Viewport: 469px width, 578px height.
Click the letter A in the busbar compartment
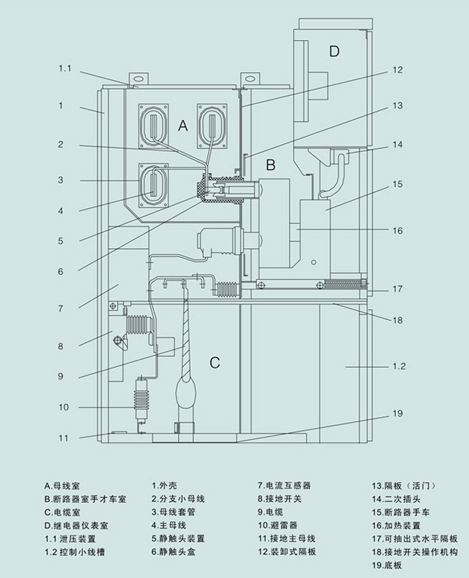click(x=183, y=126)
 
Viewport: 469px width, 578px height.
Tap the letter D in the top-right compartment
click(x=334, y=51)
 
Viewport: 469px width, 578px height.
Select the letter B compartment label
click(x=271, y=164)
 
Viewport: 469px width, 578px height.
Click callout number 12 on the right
click(x=397, y=70)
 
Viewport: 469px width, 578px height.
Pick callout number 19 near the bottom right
click(x=397, y=413)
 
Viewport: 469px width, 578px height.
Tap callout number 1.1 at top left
click(x=65, y=68)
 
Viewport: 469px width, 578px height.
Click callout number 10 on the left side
click(x=64, y=407)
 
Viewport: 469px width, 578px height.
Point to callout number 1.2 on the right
click(x=399, y=366)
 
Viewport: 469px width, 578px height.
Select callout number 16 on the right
click(x=397, y=231)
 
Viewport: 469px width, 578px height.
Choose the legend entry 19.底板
click(x=387, y=565)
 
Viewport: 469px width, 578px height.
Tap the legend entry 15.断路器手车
click(x=400, y=512)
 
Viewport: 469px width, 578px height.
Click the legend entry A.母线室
click(x=62, y=485)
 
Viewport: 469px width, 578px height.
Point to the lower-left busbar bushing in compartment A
click(x=154, y=185)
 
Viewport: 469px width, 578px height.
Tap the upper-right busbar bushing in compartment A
click(x=212, y=126)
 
